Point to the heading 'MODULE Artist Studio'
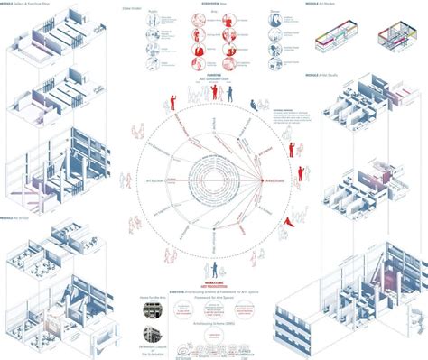point(327,74)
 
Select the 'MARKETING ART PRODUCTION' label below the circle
point(214,256)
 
